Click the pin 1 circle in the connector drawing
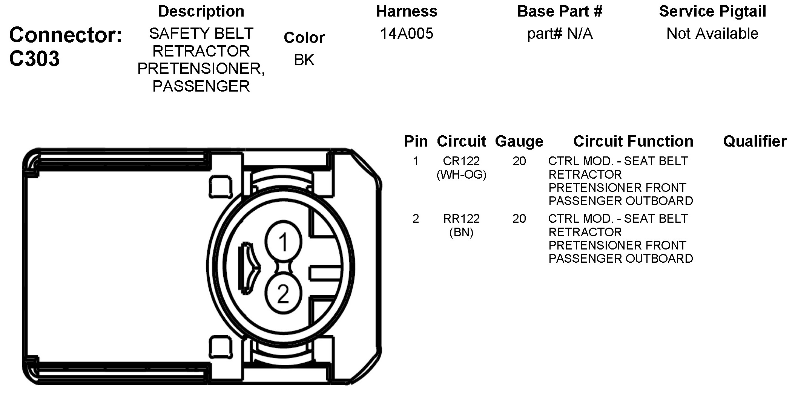click(x=283, y=242)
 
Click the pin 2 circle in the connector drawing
click(x=283, y=294)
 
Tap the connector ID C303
click(x=34, y=59)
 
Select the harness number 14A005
click(x=407, y=34)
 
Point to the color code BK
click(x=304, y=60)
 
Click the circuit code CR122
click(x=461, y=161)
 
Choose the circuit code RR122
click(x=461, y=219)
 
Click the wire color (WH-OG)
click(x=461, y=175)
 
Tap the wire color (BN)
click(x=461, y=232)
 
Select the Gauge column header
click(x=519, y=141)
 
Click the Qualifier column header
click(x=755, y=141)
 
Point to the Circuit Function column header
click(x=633, y=141)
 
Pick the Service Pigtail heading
click(x=712, y=11)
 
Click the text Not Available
click(x=712, y=34)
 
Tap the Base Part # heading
click(x=560, y=11)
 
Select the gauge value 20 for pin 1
click(x=519, y=161)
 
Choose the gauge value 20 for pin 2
click(x=519, y=219)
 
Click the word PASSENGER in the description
click(x=201, y=86)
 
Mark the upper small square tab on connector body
click(x=221, y=187)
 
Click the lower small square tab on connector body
click(x=221, y=347)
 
